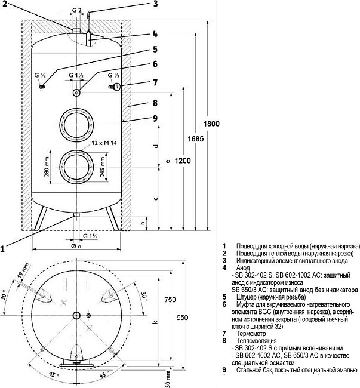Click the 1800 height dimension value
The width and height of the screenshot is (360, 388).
tap(211, 124)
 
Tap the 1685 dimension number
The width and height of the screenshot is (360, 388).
tap(196, 139)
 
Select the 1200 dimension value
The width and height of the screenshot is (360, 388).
tap(183, 161)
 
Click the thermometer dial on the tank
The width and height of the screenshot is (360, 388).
tap(117, 87)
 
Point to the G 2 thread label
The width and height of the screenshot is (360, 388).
tap(77, 10)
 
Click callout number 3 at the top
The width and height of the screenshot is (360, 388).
tap(155, 4)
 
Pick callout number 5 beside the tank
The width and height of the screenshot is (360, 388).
tap(155, 49)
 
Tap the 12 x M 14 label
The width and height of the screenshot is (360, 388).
tap(104, 143)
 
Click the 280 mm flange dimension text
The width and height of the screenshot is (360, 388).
tap(47, 167)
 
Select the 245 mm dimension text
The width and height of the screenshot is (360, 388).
tap(103, 167)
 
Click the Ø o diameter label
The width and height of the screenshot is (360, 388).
tap(76, 246)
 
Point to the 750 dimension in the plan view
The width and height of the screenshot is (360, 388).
tap(170, 300)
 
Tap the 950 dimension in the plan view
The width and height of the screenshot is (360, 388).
tap(182, 318)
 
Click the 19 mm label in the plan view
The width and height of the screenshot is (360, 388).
tap(23, 270)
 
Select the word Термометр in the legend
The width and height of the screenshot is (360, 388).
tap(251, 334)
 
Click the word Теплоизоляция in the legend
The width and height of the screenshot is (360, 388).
tap(256, 341)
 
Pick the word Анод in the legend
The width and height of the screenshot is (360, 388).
tap(243, 268)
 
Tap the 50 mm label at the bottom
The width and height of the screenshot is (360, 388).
tap(168, 379)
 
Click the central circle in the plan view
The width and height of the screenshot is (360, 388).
tap(76, 315)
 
